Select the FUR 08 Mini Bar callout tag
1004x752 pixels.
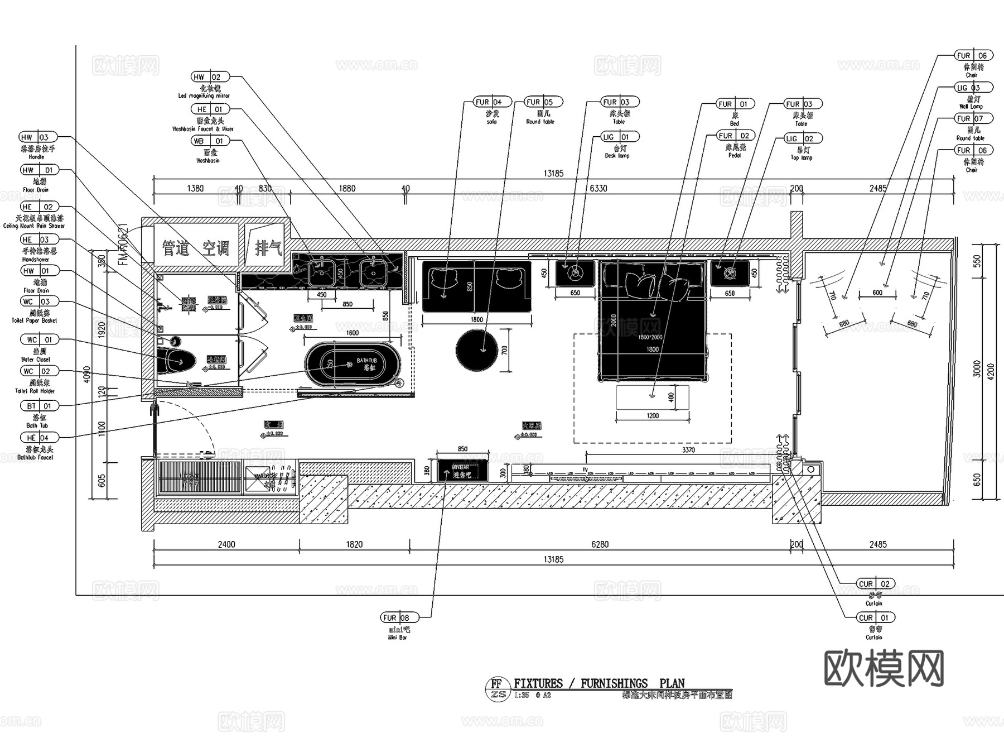(398, 617)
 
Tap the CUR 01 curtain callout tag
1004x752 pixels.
(874, 617)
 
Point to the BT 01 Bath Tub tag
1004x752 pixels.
(38, 406)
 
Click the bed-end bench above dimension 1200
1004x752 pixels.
(652, 397)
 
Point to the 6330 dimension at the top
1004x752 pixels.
(598, 188)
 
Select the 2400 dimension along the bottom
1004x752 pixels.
(226, 544)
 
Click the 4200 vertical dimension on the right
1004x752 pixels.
(991, 371)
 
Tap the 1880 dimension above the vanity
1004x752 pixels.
(347, 188)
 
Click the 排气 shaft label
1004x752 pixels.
(268, 248)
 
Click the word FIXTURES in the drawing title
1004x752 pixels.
(538, 683)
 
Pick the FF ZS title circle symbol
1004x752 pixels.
(497, 688)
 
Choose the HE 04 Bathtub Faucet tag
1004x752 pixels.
(38, 438)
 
